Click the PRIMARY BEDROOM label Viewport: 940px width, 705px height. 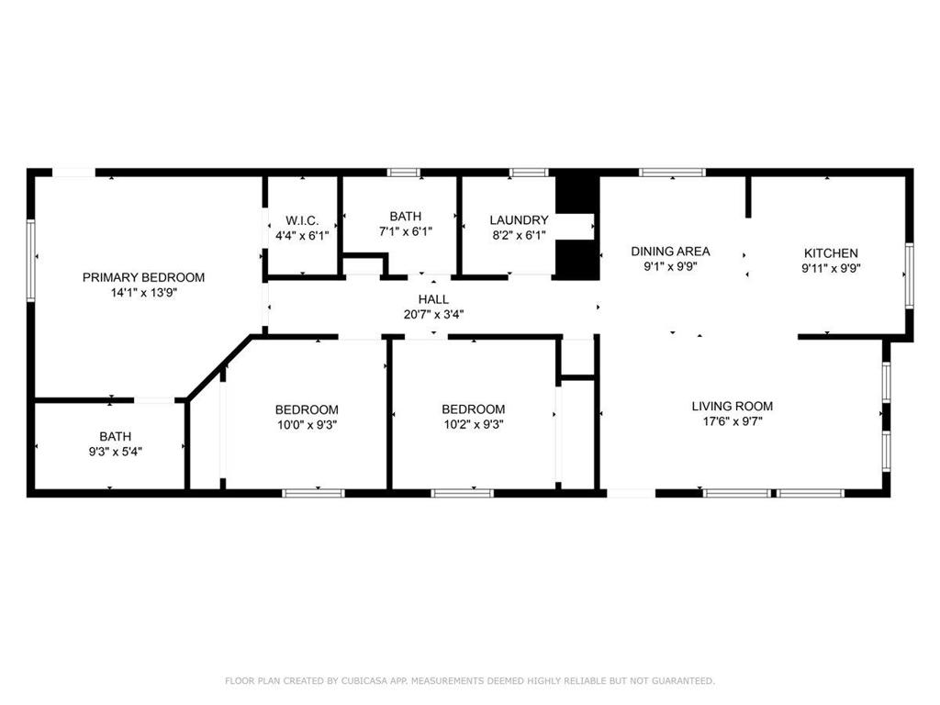143,277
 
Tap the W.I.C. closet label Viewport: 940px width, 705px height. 302,220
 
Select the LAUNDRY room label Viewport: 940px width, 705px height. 519,220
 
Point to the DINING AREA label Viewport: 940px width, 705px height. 670,252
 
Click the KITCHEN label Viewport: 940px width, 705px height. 831,253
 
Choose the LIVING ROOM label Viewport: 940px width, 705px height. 732,406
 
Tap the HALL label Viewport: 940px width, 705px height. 433,299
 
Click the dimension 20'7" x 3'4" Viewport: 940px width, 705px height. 433,314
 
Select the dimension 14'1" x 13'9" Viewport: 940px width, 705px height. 143,293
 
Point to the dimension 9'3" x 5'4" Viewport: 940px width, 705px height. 115,452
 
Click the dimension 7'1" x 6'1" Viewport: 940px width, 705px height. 405,230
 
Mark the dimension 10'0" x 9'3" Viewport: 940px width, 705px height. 307,425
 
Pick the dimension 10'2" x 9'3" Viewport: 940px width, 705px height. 473,424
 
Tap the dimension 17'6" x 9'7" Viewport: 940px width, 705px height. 732,420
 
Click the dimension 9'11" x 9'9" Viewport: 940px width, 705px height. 831,268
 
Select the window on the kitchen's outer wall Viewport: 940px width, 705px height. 909,275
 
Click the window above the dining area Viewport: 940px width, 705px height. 672,173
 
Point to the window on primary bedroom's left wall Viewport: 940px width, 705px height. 31,260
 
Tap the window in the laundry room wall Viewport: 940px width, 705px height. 529,173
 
